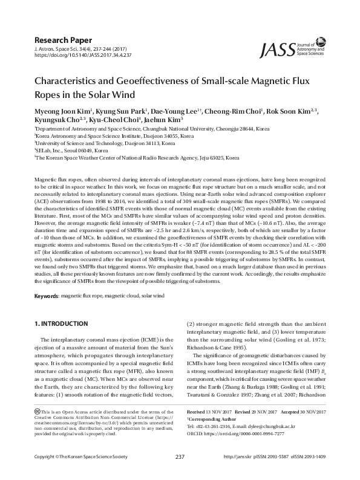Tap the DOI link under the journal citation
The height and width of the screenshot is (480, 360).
point(83,54)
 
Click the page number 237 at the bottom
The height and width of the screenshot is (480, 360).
point(180,473)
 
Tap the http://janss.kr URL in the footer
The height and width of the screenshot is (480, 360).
point(237,473)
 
